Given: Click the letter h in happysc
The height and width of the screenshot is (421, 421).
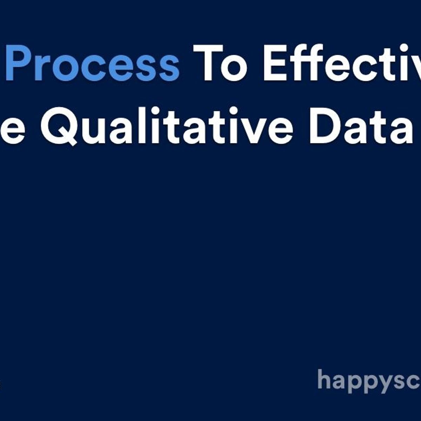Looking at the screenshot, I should click(x=324, y=379).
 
